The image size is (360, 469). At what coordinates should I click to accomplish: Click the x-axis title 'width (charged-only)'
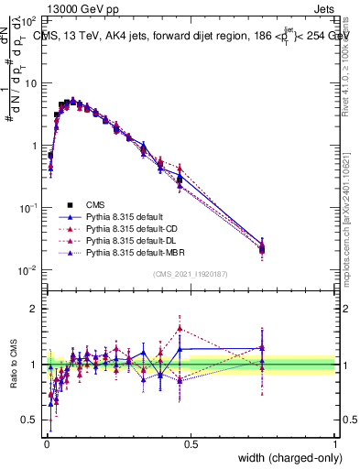click(285, 458)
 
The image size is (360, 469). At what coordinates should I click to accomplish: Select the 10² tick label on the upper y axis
click(27, 20)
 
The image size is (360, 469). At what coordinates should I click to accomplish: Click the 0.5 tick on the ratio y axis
click(30, 421)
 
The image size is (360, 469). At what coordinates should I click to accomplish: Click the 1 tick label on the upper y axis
click(34, 146)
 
